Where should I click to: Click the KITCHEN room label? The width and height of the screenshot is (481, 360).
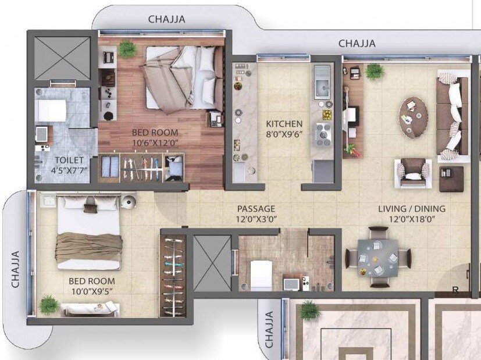point(284,124)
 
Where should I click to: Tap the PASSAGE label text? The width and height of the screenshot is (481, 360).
point(256,209)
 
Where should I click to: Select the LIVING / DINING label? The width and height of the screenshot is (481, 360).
point(411,209)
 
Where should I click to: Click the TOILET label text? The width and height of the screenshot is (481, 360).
point(70,160)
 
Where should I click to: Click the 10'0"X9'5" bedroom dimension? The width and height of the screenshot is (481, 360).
point(90,291)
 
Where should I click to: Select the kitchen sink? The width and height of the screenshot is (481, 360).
point(322,88)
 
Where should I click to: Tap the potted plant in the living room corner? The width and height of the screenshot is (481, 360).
point(375,72)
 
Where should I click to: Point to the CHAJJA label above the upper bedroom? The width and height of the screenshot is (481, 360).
point(166,19)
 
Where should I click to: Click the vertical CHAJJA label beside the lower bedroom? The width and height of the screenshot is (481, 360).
point(16,269)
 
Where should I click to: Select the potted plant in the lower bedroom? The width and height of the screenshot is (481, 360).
point(49,304)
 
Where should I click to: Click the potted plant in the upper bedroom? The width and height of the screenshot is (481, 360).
point(127,49)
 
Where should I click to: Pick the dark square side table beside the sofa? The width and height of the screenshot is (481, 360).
point(451,179)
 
